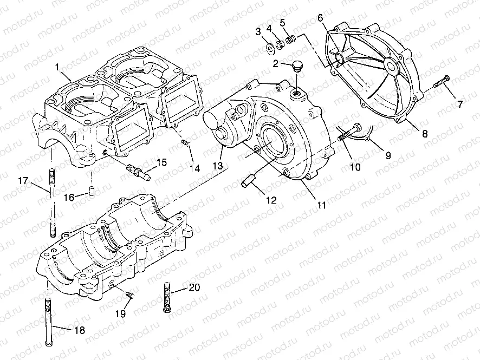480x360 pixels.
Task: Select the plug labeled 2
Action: (x=295, y=67)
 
